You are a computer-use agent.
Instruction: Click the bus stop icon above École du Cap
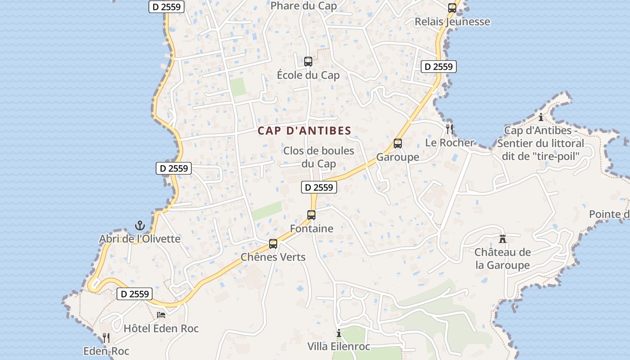308,62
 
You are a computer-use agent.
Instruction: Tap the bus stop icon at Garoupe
398,144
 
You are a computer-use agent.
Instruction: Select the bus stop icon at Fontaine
311,215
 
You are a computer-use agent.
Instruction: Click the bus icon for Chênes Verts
273,244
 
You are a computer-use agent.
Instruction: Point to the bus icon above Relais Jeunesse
452,8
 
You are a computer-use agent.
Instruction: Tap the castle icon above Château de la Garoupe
503,238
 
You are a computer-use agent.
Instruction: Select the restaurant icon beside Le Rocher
449,129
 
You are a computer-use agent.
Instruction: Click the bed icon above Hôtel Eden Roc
161,315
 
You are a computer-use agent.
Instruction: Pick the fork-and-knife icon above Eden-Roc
106,337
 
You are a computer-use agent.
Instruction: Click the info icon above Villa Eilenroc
339,333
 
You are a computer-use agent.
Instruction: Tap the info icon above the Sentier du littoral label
540,117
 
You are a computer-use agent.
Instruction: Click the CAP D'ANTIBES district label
304,131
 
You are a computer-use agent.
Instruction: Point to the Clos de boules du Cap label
319,157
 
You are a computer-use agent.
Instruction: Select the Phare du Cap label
304,6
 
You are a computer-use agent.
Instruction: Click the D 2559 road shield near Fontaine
319,187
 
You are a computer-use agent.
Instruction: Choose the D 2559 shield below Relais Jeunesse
439,67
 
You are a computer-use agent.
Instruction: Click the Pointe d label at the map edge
609,214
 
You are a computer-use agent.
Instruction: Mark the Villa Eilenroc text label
339,346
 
